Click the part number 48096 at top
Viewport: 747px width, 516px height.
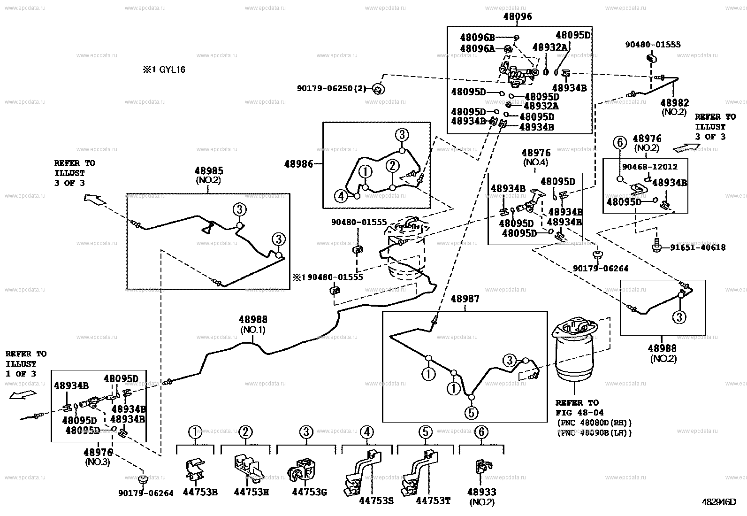pyautogui.click(x=518, y=17)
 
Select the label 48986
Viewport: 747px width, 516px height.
pyautogui.click(x=298, y=164)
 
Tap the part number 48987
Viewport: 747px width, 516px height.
pyautogui.click(x=465, y=299)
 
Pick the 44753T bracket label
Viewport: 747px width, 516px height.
pyautogui.click(x=433, y=501)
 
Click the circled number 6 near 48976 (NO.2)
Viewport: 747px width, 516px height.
pyautogui.click(x=619, y=142)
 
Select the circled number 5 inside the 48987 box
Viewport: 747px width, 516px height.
pyautogui.click(x=471, y=413)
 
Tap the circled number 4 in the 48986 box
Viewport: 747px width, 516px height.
pyautogui.click(x=341, y=196)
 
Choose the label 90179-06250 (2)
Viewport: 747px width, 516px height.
pyautogui.click(x=332, y=88)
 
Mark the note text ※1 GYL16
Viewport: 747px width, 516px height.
pyautogui.click(x=164, y=70)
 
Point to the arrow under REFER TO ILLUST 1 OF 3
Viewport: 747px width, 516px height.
pyautogui.click(x=23, y=395)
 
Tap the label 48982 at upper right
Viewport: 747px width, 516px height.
pyautogui.click(x=674, y=103)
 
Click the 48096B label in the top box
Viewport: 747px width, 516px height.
pyautogui.click(x=477, y=37)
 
